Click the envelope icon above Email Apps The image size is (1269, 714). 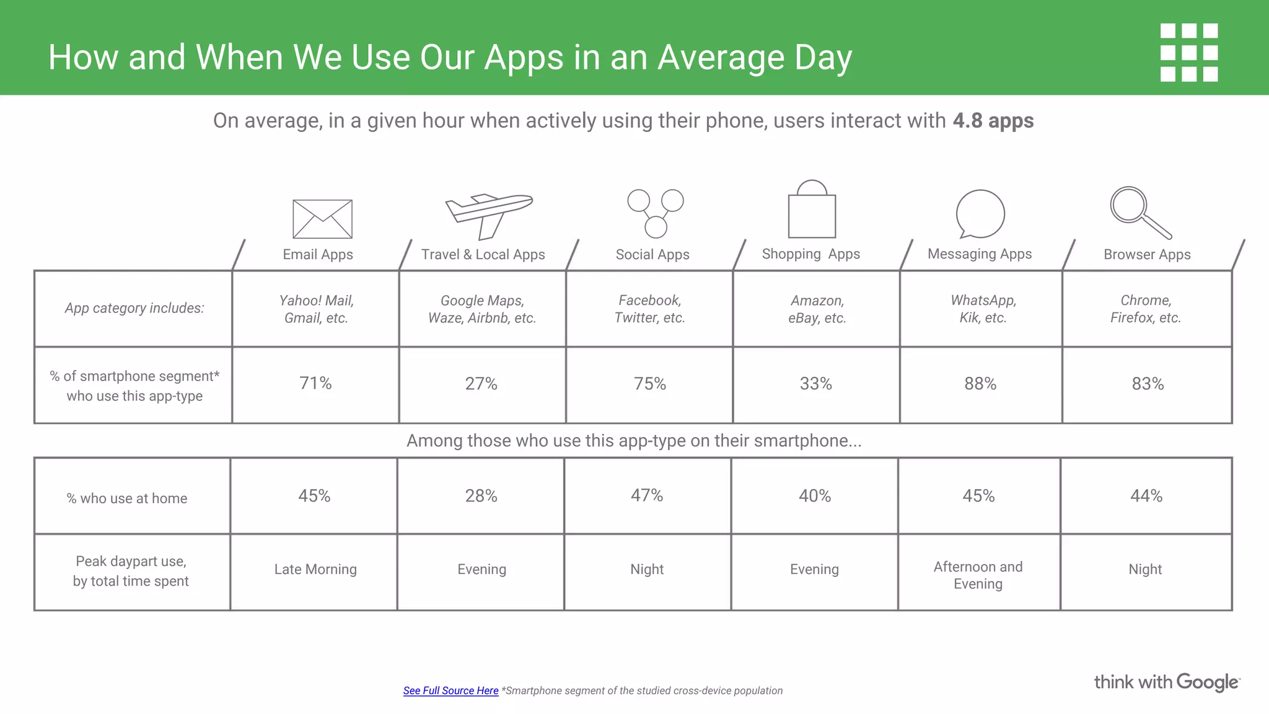[x=322, y=219]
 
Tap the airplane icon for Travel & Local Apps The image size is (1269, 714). [x=488, y=214]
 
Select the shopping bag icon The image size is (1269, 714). [x=812, y=211]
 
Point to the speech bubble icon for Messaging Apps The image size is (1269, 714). [x=980, y=214]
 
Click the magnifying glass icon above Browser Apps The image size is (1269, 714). [x=1139, y=212]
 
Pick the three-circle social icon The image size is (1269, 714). [x=655, y=213]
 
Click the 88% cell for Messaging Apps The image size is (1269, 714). [x=980, y=384]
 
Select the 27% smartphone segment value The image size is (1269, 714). [x=481, y=384]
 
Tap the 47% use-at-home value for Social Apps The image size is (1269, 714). [x=647, y=496]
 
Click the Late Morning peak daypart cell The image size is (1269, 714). [x=315, y=570]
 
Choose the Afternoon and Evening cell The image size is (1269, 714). [x=978, y=575]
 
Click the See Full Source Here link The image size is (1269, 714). [x=450, y=690]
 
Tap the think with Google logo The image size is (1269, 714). [x=1166, y=682]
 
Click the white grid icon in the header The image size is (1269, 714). [x=1188, y=53]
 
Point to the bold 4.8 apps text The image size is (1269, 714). [x=993, y=120]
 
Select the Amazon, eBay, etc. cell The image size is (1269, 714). [x=817, y=309]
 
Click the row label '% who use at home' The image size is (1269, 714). [x=127, y=498]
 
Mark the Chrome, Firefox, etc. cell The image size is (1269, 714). [x=1146, y=309]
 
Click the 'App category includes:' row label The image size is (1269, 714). [x=134, y=308]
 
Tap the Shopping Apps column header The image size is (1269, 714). [x=810, y=254]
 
